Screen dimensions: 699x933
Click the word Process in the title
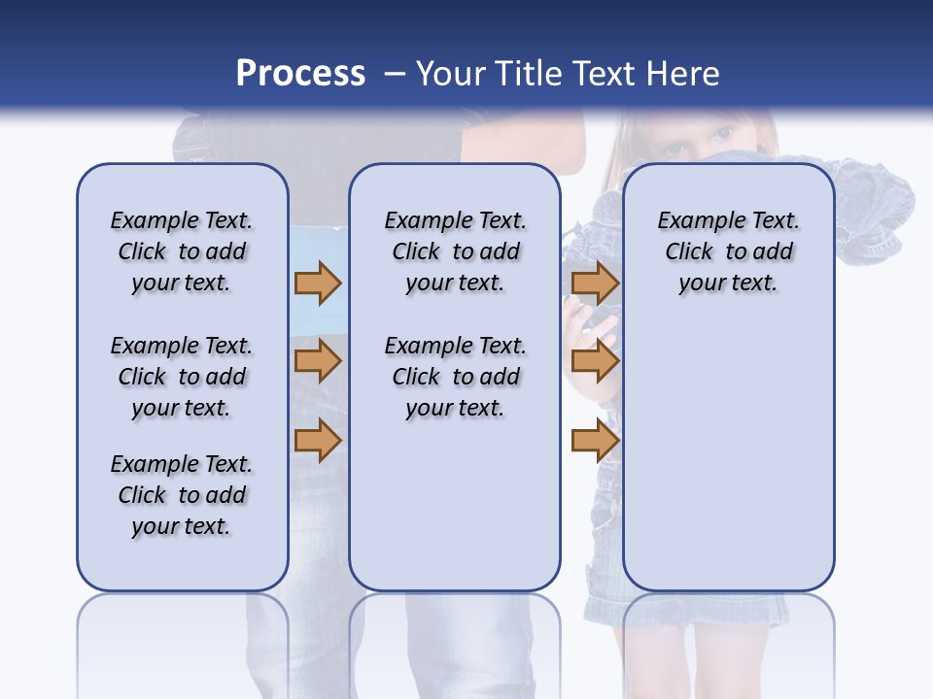(x=300, y=73)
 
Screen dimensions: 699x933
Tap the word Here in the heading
(x=681, y=73)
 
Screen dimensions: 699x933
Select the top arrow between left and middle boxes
(x=318, y=283)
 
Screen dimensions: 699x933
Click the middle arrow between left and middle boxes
(x=318, y=361)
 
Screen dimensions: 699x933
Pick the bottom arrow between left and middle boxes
(x=318, y=440)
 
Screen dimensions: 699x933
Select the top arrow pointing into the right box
(x=595, y=283)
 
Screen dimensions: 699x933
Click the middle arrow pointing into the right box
(x=595, y=361)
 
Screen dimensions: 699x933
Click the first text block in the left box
(x=182, y=251)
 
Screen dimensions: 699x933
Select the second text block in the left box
(x=182, y=377)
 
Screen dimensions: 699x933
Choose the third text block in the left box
(x=182, y=495)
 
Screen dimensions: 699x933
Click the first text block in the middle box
(x=455, y=251)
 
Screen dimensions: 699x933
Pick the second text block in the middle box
(x=455, y=377)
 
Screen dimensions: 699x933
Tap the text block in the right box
(x=728, y=251)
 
